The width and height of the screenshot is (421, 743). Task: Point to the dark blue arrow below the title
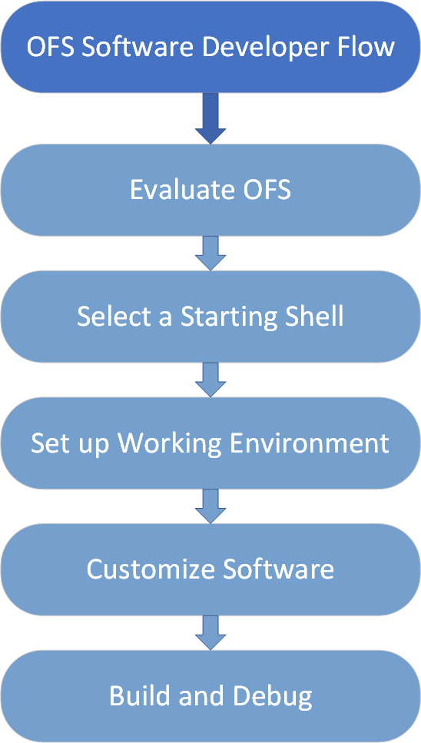coord(210,118)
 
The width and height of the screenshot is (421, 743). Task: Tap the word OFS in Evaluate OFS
coord(269,190)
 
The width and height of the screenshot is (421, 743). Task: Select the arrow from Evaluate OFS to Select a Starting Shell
coord(210,253)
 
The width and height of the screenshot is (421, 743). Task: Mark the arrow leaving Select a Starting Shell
coord(210,380)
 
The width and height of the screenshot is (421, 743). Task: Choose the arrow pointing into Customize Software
coord(210,506)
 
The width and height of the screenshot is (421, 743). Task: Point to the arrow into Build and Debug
coord(210,632)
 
